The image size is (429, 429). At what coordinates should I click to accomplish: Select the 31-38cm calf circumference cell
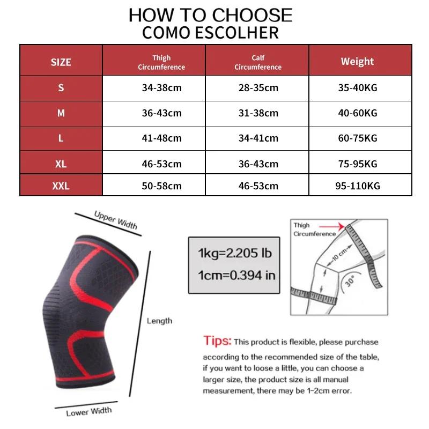pos(258,113)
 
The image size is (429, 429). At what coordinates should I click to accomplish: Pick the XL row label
pos(61,164)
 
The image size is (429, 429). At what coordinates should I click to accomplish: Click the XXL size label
pos(61,186)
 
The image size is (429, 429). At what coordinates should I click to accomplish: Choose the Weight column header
pos(357,61)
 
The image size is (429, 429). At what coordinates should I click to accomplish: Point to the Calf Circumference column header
pos(258,62)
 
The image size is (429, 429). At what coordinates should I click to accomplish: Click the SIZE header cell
pos(61,62)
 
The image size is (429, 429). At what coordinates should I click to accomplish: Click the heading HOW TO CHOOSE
pos(210,15)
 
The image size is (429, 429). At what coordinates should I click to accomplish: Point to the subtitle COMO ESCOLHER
pos(210,32)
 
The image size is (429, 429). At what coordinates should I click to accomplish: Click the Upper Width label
pos(115,219)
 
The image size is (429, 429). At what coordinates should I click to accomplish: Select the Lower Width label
pos(89,411)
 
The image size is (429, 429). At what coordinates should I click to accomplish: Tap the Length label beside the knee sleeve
pos(159,321)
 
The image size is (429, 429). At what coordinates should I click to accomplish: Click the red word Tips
pos(217,341)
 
